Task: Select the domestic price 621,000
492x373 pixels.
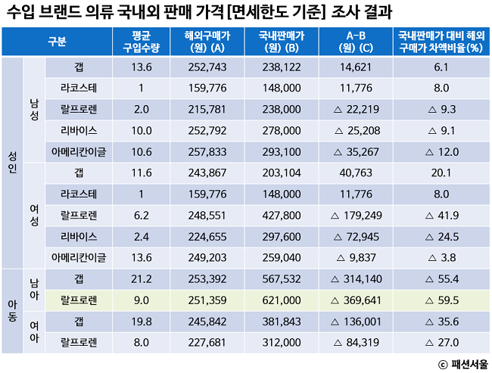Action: [x=278, y=299]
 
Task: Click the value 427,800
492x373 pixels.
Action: [x=278, y=215]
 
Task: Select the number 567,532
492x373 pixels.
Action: [x=278, y=278]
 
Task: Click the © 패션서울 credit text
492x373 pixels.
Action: [x=462, y=363]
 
